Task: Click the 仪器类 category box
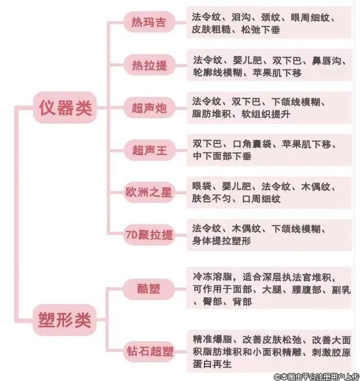65,107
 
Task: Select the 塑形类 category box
65,319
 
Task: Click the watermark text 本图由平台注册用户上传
320,376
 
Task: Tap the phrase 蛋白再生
211,364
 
